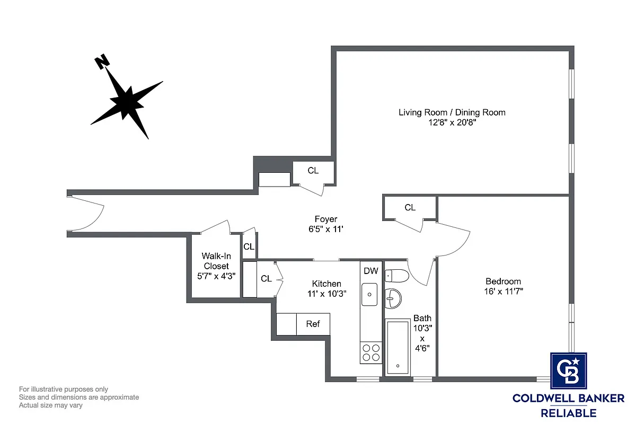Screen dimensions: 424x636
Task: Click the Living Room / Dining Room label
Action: point(452,112)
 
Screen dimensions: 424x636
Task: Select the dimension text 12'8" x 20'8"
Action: point(452,122)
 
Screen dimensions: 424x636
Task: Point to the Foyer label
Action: point(325,219)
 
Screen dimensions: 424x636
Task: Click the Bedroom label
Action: point(503,281)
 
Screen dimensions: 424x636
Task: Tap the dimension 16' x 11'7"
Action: point(503,291)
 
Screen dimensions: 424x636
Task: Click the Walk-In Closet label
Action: point(216,261)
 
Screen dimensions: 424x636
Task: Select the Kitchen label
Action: point(326,284)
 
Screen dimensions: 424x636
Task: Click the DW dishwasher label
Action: point(370,271)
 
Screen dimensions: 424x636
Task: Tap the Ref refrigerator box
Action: point(313,324)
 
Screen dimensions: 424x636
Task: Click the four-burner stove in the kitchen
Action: point(370,353)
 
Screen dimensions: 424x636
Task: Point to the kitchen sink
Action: point(370,294)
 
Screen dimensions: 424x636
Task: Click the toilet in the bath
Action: point(396,276)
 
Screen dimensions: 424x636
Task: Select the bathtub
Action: point(397,347)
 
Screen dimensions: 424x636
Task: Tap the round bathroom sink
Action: point(393,298)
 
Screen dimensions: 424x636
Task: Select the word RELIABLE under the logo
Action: point(568,413)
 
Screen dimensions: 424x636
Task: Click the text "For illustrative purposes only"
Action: point(64,389)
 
